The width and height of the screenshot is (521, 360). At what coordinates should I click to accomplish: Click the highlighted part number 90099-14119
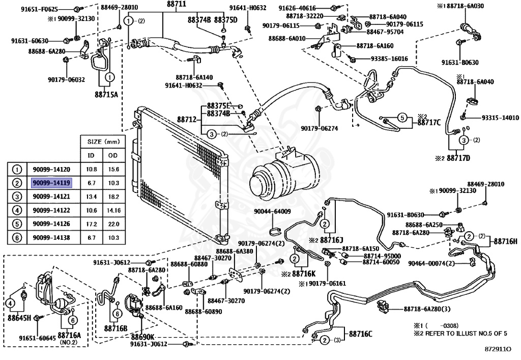51,183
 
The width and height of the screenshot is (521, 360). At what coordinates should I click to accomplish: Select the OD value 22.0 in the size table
113,224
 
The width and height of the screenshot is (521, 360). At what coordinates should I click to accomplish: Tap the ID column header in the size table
91,155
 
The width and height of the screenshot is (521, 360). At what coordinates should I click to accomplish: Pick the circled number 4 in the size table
17,210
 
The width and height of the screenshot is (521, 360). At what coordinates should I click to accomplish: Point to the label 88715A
106,95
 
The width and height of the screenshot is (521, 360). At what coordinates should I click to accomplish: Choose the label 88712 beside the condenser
187,119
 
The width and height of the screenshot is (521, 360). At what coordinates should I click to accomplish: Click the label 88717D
458,158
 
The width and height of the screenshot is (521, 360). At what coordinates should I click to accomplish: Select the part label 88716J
332,240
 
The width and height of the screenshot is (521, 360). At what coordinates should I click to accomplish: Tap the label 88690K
142,336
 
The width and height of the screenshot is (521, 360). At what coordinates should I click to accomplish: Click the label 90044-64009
273,211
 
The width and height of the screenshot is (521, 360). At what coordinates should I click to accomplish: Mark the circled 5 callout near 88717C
402,118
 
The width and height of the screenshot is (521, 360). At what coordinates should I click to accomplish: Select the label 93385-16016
389,59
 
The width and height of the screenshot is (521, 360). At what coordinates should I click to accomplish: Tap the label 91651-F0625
39,10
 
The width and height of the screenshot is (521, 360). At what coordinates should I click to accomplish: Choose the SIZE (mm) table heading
103,142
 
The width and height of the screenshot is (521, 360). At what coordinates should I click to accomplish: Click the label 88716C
361,334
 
